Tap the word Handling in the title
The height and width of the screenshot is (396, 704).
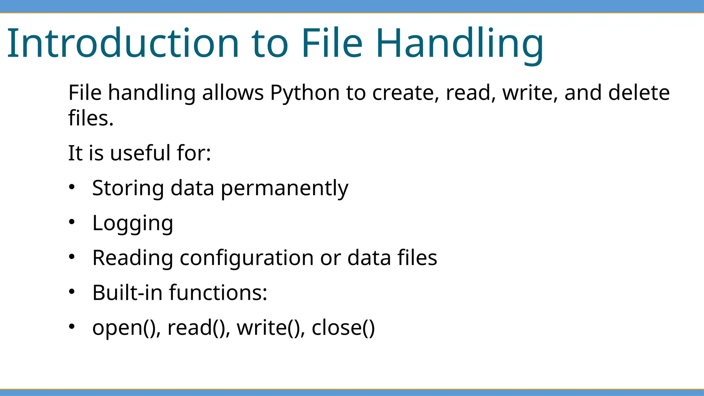(460, 43)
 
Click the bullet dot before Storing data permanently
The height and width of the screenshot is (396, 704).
(71, 187)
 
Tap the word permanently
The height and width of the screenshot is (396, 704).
(284, 188)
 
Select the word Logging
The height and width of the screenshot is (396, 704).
(133, 223)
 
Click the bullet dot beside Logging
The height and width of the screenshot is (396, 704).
(71, 222)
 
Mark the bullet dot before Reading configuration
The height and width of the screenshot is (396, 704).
(71, 256)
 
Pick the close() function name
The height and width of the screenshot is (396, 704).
(343, 328)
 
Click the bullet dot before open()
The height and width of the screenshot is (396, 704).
(71, 326)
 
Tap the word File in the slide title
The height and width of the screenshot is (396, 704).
(332, 43)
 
